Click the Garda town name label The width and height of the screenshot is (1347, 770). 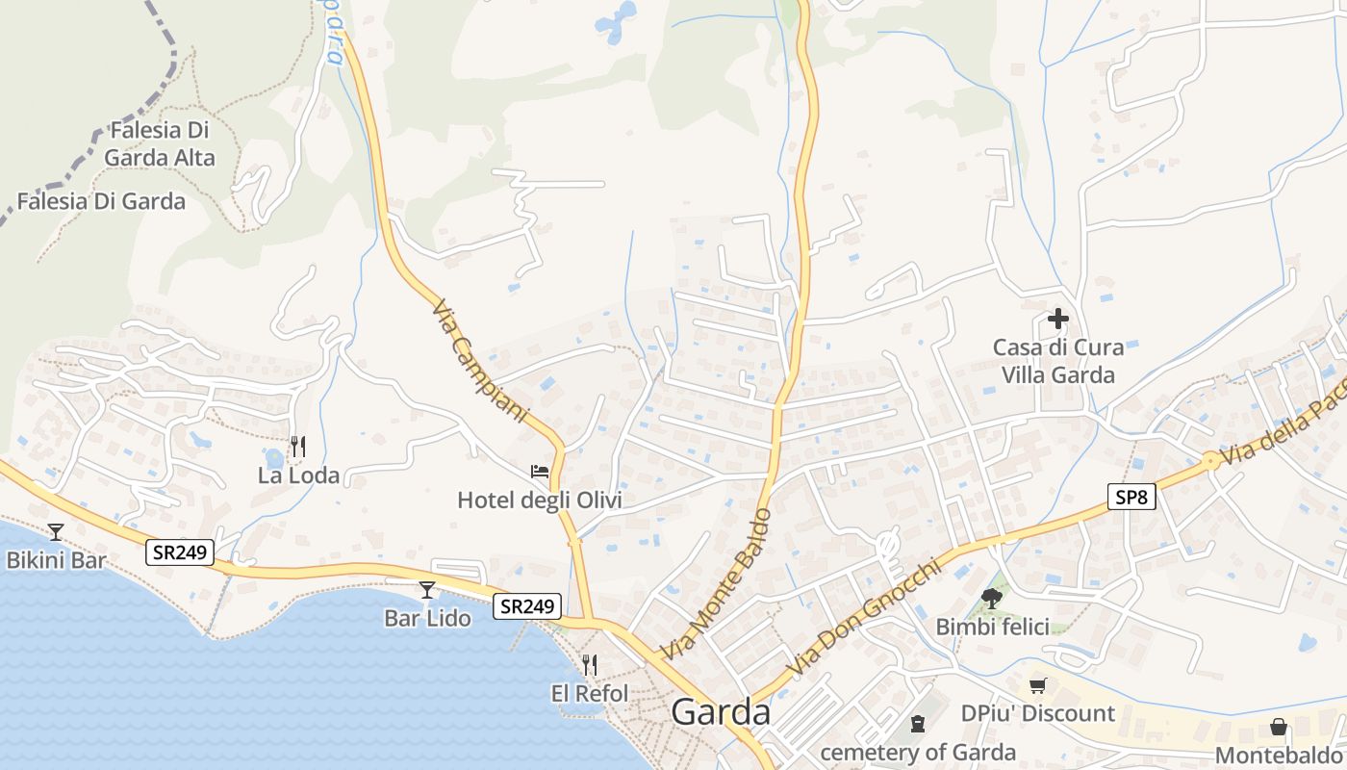point(721,712)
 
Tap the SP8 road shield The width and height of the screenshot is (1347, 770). point(1131,497)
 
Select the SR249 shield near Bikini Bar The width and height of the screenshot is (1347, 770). point(180,552)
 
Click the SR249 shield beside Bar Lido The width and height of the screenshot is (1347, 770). point(528,605)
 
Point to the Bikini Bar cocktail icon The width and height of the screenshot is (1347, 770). point(56,531)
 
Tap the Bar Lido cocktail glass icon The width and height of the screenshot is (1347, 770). point(427,589)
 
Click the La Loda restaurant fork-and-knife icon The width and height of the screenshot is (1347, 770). point(298,447)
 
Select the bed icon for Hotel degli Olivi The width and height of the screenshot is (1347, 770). point(540,472)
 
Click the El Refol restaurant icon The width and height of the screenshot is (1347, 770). point(590,664)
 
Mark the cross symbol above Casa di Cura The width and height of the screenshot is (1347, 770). point(1058,319)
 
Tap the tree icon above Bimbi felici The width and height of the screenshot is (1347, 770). point(992,599)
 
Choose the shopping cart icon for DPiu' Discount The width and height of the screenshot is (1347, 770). point(1037,685)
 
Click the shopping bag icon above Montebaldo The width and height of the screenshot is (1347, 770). point(1279,727)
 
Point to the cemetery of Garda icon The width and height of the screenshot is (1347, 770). point(918,723)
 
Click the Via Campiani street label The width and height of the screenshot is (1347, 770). point(480,362)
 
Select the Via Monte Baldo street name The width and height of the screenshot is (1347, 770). point(718,584)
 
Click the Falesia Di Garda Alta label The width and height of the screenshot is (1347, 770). point(160,143)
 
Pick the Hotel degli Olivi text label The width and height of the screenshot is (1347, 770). point(540,500)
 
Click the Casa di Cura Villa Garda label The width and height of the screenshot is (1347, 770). point(1058,361)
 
